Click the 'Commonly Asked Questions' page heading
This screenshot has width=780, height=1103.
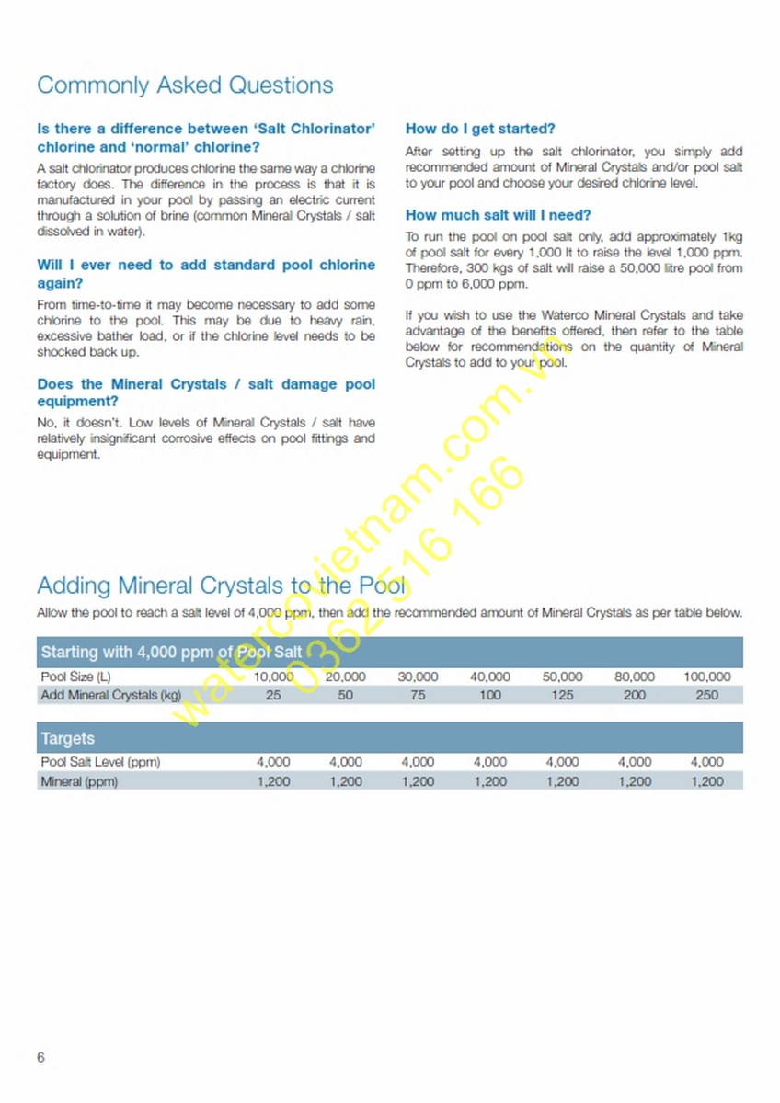tap(185, 85)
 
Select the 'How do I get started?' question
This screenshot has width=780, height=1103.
tap(480, 130)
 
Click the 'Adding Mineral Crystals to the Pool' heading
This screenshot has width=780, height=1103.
tap(221, 586)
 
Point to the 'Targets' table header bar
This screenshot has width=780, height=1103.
tap(68, 738)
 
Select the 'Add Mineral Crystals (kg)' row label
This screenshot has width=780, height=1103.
tap(110, 696)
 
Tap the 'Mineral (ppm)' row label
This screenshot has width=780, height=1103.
tap(79, 782)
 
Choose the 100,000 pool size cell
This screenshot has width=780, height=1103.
tap(706, 677)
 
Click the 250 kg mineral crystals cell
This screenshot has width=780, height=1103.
tap(706, 696)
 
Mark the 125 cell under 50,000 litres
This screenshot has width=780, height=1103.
tap(562, 696)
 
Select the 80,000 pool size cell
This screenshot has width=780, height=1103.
tap(635, 677)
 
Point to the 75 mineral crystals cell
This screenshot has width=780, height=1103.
tap(418, 696)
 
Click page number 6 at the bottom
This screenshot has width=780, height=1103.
tap(40, 1057)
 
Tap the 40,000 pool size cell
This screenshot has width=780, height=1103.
tap(490, 677)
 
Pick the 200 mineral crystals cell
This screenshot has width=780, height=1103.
tap(635, 696)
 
